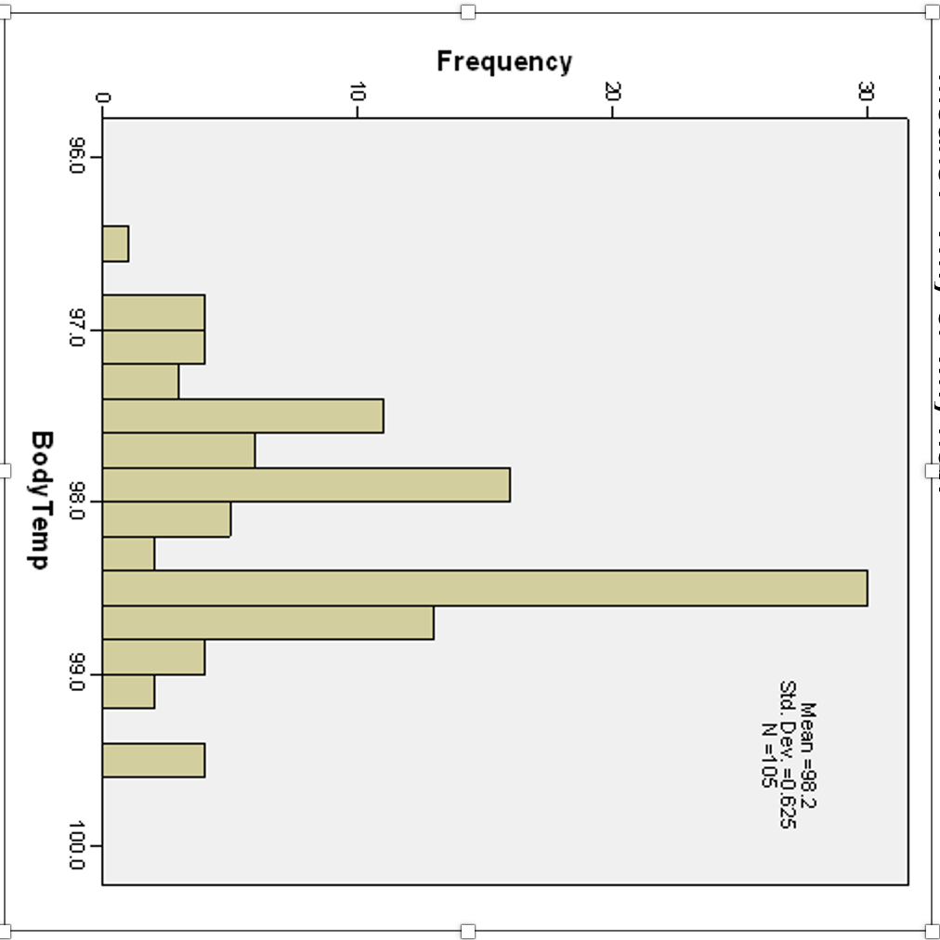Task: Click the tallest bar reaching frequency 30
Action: pos(484,588)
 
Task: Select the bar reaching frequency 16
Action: pos(306,485)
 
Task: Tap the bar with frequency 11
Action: pos(242,416)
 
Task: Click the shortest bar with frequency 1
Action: pos(115,244)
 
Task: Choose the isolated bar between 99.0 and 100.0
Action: pos(153,760)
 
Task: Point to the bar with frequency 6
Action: pos(178,450)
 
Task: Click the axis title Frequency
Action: pos(504,62)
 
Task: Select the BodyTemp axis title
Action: pos(40,499)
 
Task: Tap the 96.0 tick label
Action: pos(77,156)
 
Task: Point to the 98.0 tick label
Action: pos(77,502)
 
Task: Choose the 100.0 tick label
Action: pos(77,845)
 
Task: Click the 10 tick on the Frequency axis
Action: pos(358,93)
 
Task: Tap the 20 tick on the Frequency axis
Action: pos(612,93)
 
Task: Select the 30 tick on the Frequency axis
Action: pos(867,93)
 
